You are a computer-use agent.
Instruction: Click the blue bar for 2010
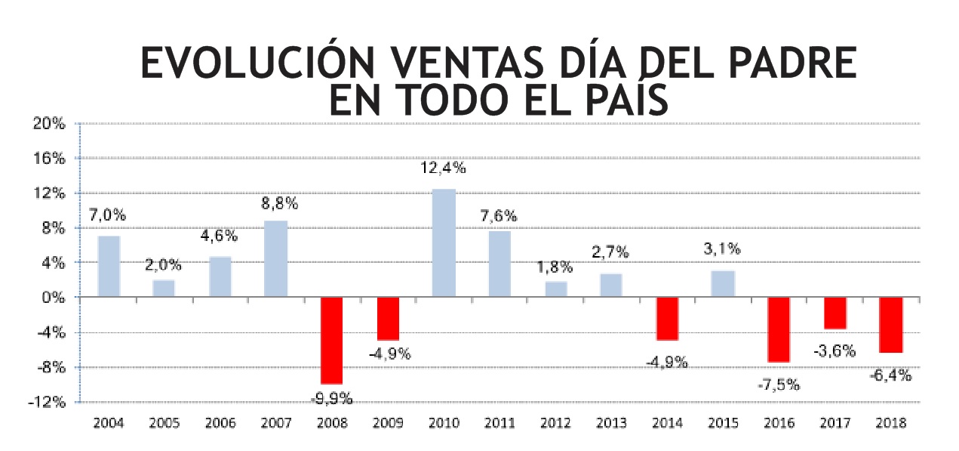[x=444, y=243]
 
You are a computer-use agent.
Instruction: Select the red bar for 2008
[x=332, y=341]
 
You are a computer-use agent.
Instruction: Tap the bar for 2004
[x=109, y=267]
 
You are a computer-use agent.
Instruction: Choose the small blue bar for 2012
[x=555, y=289]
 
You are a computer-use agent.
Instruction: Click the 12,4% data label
[x=444, y=168]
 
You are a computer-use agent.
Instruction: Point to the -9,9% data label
[x=331, y=398]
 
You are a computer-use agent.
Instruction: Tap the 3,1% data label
[x=723, y=249]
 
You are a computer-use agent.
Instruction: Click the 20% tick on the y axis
[x=50, y=124]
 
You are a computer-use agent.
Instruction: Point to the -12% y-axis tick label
[x=48, y=402]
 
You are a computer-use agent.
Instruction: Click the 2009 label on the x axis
[x=388, y=423]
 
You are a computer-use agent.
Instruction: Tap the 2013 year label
[x=612, y=423]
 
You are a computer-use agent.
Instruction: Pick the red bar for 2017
[x=835, y=313]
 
